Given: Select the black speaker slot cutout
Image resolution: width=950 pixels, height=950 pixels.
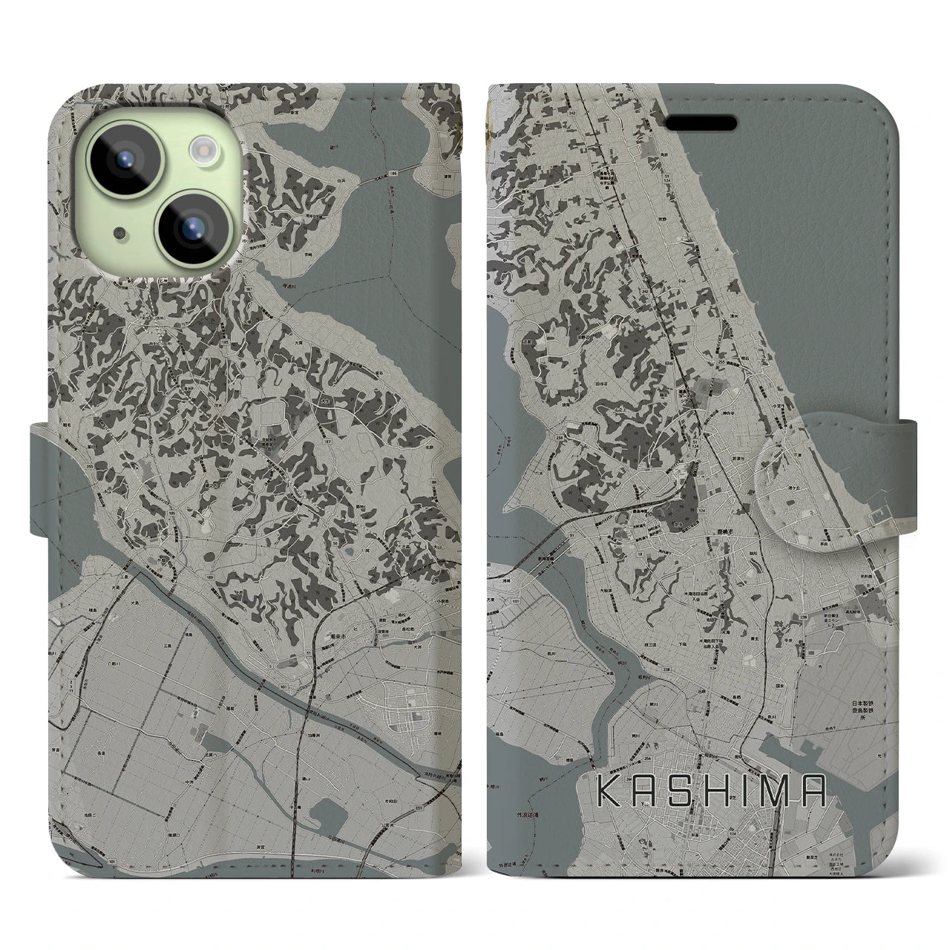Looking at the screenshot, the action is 705,122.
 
